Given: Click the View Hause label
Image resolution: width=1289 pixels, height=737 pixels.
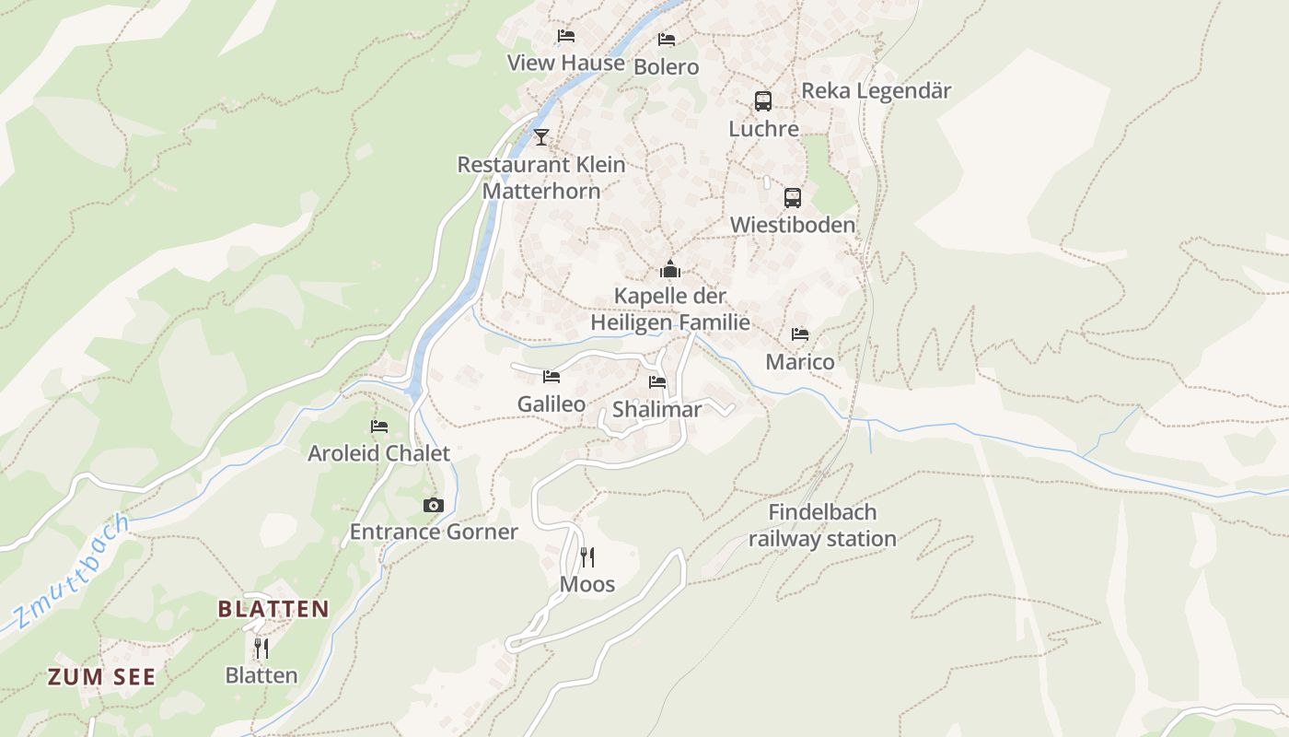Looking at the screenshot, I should [x=565, y=63].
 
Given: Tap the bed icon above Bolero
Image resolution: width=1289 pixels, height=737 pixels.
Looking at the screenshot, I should [x=667, y=40].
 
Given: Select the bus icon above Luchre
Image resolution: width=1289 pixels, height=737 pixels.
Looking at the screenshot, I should [x=763, y=101].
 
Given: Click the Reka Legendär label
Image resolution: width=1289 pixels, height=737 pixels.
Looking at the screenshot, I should [x=876, y=91].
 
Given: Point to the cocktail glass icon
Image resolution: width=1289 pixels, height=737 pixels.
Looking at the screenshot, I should [x=541, y=137].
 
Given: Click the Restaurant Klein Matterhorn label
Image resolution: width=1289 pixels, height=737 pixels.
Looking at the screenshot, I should [x=541, y=178].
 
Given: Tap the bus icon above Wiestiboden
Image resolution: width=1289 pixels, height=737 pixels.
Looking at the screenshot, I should [x=793, y=197].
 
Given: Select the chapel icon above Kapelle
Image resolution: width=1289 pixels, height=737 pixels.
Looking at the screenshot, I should [x=670, y=269].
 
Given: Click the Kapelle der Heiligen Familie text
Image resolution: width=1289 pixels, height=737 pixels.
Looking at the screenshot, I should [x=670, y=310].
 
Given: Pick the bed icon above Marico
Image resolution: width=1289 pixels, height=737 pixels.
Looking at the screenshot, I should [x=800, y=334].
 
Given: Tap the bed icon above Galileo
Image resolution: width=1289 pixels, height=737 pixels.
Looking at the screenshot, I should [x=552, y=376].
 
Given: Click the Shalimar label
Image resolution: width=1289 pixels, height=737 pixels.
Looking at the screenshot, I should [x=656, y=410].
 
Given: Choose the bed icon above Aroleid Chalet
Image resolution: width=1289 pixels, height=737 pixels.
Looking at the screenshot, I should [x=379, y=426].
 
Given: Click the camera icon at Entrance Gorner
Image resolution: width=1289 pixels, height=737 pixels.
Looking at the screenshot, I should [x=434, y=505].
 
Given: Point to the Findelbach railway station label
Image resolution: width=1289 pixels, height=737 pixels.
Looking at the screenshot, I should [x=822, y=525].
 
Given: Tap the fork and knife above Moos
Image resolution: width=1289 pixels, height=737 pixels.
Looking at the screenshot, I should [x=587, y=556].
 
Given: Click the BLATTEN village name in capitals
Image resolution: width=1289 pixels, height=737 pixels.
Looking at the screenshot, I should [x=273, y=609].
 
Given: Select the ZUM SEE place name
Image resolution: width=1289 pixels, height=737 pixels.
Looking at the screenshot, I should [x=101, y=677].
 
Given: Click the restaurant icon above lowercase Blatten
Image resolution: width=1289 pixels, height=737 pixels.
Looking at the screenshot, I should [x=261, y=648].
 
